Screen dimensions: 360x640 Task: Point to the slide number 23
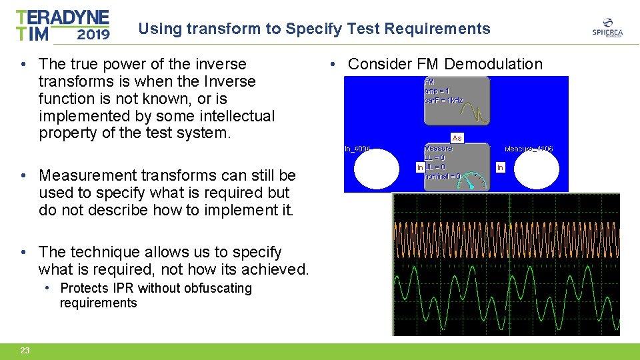(x=25, y=351)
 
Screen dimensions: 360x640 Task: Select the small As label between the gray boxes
(x=457, y=138)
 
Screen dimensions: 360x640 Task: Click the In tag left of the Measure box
(x=420, y=167)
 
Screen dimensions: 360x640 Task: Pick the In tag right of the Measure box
(x=500, y=167)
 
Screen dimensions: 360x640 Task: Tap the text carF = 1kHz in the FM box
(x=444, y=100)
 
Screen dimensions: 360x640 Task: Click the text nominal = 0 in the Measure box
(x=442, y=176)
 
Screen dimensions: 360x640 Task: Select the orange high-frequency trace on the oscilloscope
(x=507, y=238)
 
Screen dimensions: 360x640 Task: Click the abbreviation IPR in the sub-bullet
(x=122, y=288)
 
